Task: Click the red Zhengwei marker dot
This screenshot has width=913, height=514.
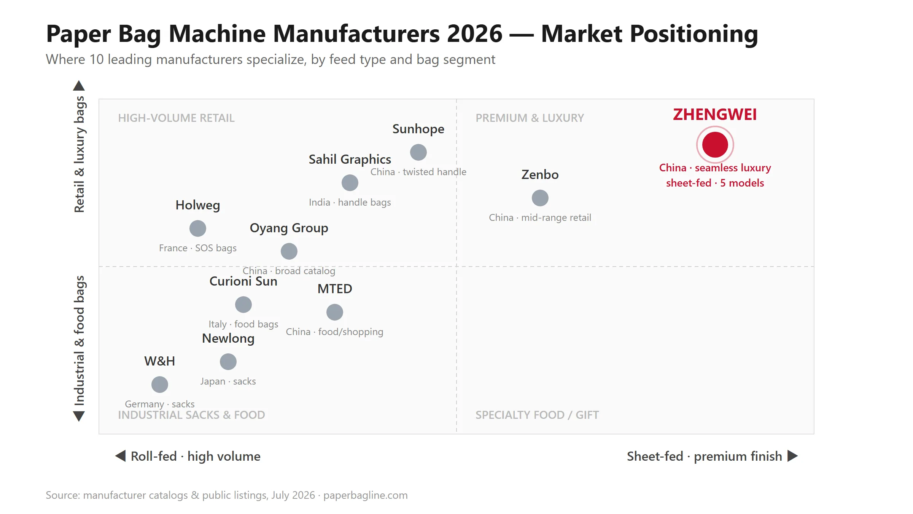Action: click(x=715, y=145)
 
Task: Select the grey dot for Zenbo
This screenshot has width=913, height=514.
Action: click(x=540, y=198)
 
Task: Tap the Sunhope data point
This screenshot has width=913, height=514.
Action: click(x=418, y=152)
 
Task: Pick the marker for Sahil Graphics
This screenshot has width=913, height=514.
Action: click(x=350, y=183)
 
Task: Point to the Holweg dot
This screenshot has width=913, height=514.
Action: click(x=197, y=228)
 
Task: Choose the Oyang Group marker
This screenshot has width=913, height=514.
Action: click(x=289, y=251)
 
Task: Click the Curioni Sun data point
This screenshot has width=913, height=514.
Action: click(x=243, y=305)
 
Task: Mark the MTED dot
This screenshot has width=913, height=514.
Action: click(x=334, y=312)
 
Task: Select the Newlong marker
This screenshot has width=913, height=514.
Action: click(x=228, y=362)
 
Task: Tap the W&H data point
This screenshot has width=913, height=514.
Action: click(x=159, y=385)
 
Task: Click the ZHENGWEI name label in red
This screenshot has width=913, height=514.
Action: click(x=715, y=115)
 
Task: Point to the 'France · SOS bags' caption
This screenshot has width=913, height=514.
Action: click(x=197, y=248)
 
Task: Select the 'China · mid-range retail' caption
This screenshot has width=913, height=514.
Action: click(x=540, y=218)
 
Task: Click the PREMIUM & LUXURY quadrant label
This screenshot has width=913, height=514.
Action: click(x=530, y=118)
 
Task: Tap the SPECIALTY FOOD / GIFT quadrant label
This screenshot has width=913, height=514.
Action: click(x=537, y=415)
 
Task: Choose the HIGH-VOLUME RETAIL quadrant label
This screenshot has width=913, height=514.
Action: click(x=176, y=118)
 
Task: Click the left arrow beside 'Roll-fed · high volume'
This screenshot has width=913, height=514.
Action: click(x=120, y=456)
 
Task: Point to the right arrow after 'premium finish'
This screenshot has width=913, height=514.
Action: click(x=792, y=456)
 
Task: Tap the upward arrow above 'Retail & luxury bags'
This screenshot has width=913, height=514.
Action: click(x=79, y=86)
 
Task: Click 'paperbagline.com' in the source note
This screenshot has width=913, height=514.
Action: click(x=365, y=495)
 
